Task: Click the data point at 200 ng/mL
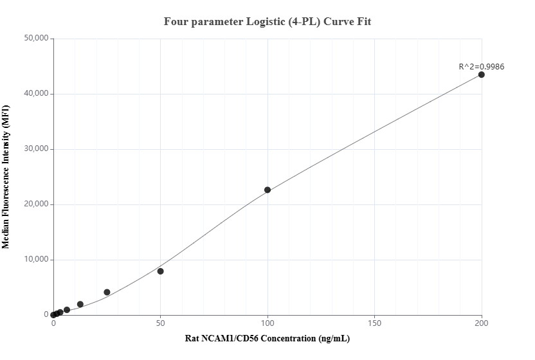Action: point(482,75)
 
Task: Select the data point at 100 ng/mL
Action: point(267,190)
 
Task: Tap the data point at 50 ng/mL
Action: point(161,271)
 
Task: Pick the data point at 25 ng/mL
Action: point(107,292)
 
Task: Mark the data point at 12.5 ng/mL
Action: point(80,304)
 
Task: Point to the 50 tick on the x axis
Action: point(161,324)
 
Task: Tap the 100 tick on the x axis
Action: point(267,324)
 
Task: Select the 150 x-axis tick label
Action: point(375,324)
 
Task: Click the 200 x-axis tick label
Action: point(482,324)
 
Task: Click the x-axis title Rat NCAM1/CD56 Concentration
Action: point(267,338)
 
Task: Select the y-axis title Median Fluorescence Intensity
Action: point(6,177)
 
